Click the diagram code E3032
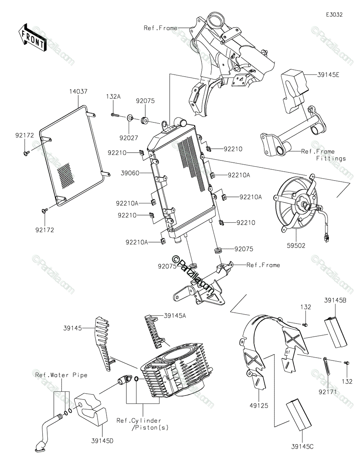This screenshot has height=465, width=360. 334,15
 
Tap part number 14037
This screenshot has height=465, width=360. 78,91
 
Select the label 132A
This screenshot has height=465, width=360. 114,96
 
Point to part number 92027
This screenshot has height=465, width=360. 129,138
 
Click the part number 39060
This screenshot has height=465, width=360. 130,173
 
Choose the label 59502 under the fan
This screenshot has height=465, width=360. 296,245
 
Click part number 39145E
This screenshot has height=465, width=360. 328,75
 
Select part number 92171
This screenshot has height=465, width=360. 327,392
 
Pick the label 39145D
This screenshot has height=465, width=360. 102,441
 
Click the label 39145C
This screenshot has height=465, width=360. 302,446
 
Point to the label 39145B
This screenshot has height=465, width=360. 335,300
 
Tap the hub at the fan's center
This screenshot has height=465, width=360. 303,205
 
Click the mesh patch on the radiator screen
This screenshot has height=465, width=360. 66,176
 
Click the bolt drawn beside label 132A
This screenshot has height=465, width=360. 115,115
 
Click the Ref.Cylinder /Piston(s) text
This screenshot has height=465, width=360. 142,424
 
